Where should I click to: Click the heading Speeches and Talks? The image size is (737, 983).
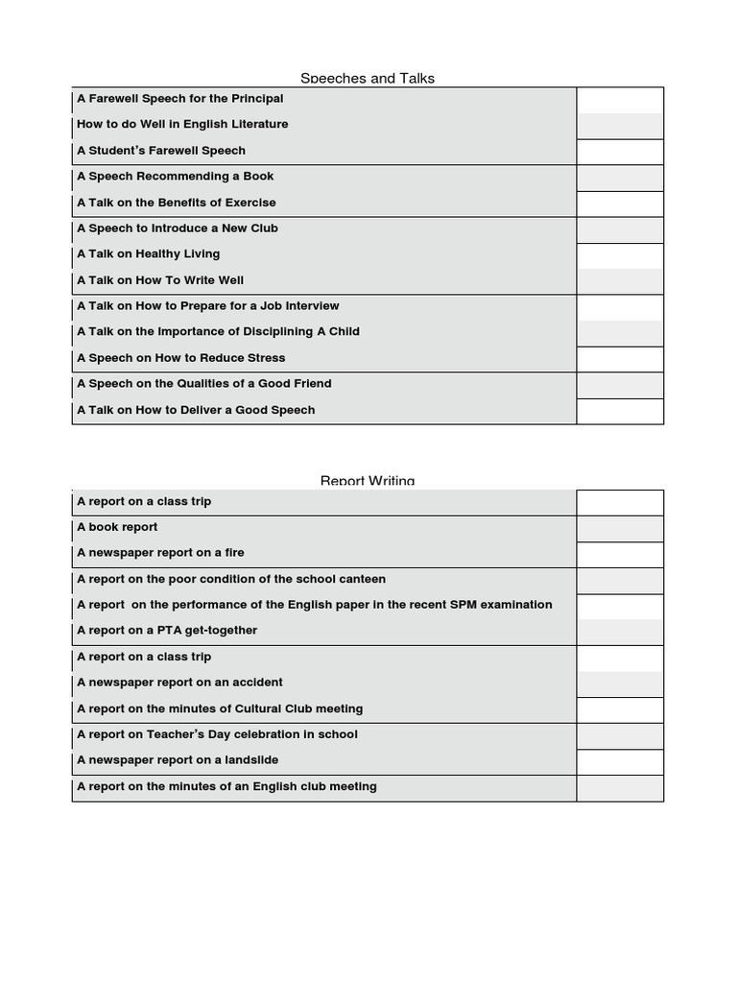(x=368, y=78)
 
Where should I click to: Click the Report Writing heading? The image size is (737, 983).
(x=368, y=480)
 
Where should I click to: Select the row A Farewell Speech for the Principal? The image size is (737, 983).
(x=180, y=99)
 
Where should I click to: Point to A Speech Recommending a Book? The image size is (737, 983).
(x=176, y=177)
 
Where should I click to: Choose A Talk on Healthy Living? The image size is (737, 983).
(x=149, y=254)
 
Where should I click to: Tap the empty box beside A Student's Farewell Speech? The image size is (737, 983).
(x=620, y=152)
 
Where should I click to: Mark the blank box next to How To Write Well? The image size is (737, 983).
(x=620, y=281)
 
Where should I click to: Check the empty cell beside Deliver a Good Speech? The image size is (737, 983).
(x=620, y=411)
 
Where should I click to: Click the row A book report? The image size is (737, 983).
(x=117, y=527)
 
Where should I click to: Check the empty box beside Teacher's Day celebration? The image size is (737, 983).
(x=620, y=735)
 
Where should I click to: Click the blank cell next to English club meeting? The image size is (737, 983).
(x=620, y=787)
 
